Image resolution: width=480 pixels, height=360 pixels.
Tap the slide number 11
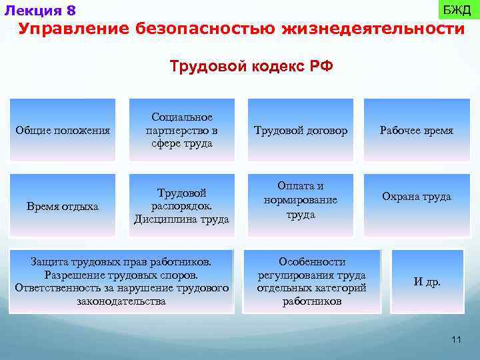(456, 340)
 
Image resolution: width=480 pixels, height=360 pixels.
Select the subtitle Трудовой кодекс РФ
(251, 67)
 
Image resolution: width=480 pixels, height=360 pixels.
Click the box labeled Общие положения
(63, 131)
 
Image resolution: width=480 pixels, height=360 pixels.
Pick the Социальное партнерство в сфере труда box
(182, 131)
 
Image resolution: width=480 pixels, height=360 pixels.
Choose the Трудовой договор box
(301, 131)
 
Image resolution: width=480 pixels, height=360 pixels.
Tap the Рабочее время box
(417, 131)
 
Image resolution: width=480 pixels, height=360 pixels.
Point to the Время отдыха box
(63, 206)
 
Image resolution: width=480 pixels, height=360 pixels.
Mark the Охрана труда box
(417, 197)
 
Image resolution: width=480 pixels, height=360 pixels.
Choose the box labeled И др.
(427, 281)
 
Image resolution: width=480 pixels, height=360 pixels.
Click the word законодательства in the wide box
(121, 301)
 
